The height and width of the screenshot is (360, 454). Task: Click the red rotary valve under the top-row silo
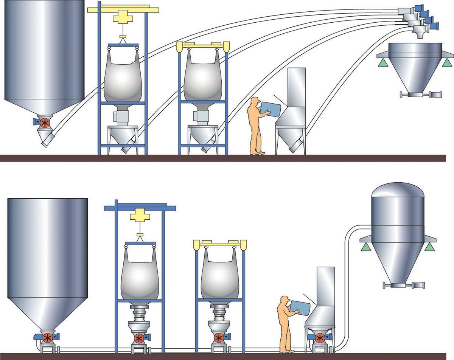[x=45, y=122]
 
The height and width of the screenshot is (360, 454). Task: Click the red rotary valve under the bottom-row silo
[x=48, y=337]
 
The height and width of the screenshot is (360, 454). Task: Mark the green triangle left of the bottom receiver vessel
[x=365, y=247]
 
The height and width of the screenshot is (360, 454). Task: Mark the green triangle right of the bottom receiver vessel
[x=429, y=247]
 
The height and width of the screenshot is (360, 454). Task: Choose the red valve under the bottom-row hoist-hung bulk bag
[x=140, y=337]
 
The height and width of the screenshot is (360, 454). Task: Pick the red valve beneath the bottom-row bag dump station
[x=320, y=337]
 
